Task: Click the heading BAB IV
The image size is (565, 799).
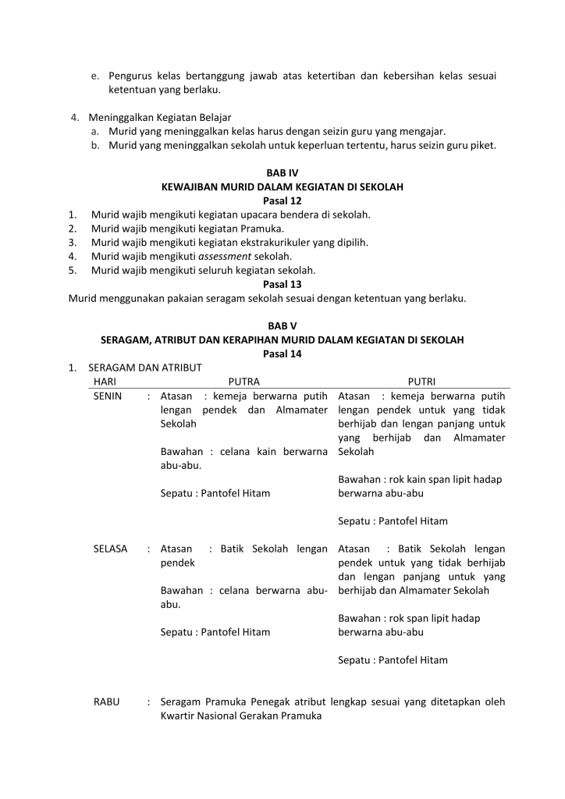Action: pyautogui.click(x=282, y=172)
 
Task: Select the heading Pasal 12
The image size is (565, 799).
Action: pyautogui.click(x=282, y=201)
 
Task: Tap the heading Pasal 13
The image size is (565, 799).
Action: pyautogui.click(x=282, y=285)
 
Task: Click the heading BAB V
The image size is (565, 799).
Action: pyautogui.click(x=282, y=325)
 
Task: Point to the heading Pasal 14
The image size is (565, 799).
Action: pyautogui.click(x=282, y=353)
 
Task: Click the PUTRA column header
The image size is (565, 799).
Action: pyautogui.click(x=243, y=382)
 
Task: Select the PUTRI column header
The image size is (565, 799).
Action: pyautogui.click(x=421, y=382)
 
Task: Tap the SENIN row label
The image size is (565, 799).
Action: pyautogui.click(x=108, y=396)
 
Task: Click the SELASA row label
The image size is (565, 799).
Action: pyautogui.click(x=110, y=549)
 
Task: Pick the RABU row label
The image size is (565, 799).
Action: pyautogui.click(x=106, y=701)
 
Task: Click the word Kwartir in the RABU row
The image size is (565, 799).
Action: pyautogui.click(x=179, y=716)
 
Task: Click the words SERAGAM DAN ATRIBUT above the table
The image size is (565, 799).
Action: pyautogui.click(x=145, y=368)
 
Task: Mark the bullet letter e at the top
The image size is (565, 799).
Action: pyautogui.click(x=94, y=76)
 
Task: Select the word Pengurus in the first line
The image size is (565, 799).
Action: pyautogui.click(x=132, y=76)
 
